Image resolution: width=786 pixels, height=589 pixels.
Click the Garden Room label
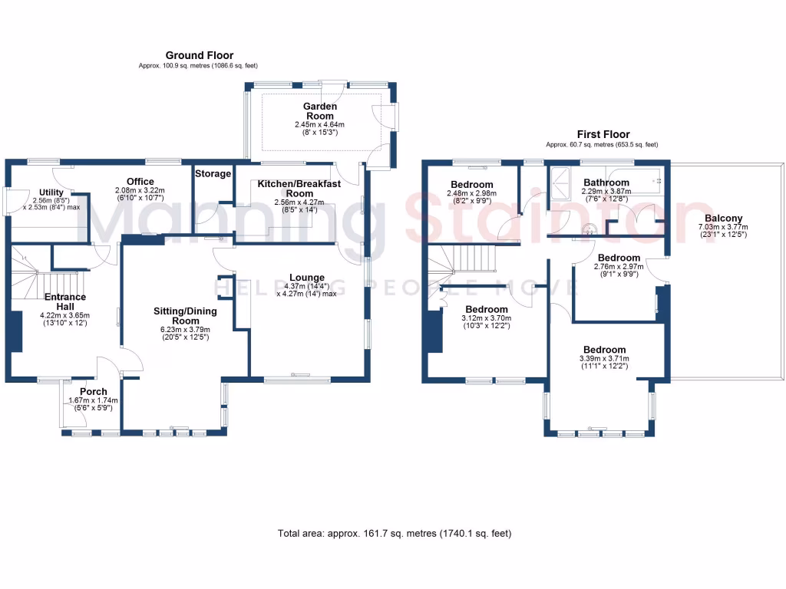tap(319, 111)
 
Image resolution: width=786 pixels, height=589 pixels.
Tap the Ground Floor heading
tap(200, 55)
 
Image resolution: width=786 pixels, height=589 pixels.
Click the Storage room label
tap(213, 174)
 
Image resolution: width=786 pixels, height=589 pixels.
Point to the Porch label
tap(94, 392)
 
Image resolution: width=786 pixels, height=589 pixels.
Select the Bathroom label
tap(606, 183)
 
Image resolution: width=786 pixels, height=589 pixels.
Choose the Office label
tap(140, 181)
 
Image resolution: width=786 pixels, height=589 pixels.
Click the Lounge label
tap(306, 278)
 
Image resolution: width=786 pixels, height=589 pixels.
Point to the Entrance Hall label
tap(64, 301)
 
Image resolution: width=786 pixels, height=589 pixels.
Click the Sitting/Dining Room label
tap(185, 316)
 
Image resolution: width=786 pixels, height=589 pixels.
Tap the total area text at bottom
tap(394, 533)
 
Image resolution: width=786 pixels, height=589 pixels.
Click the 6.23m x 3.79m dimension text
tap(185, 330)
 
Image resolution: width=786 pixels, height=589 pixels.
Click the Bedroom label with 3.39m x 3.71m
tap(604, 350)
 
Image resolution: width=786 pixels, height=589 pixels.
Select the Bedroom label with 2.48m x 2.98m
tap(471, 185)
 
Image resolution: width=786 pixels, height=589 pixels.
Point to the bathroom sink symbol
tap(590, 228)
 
